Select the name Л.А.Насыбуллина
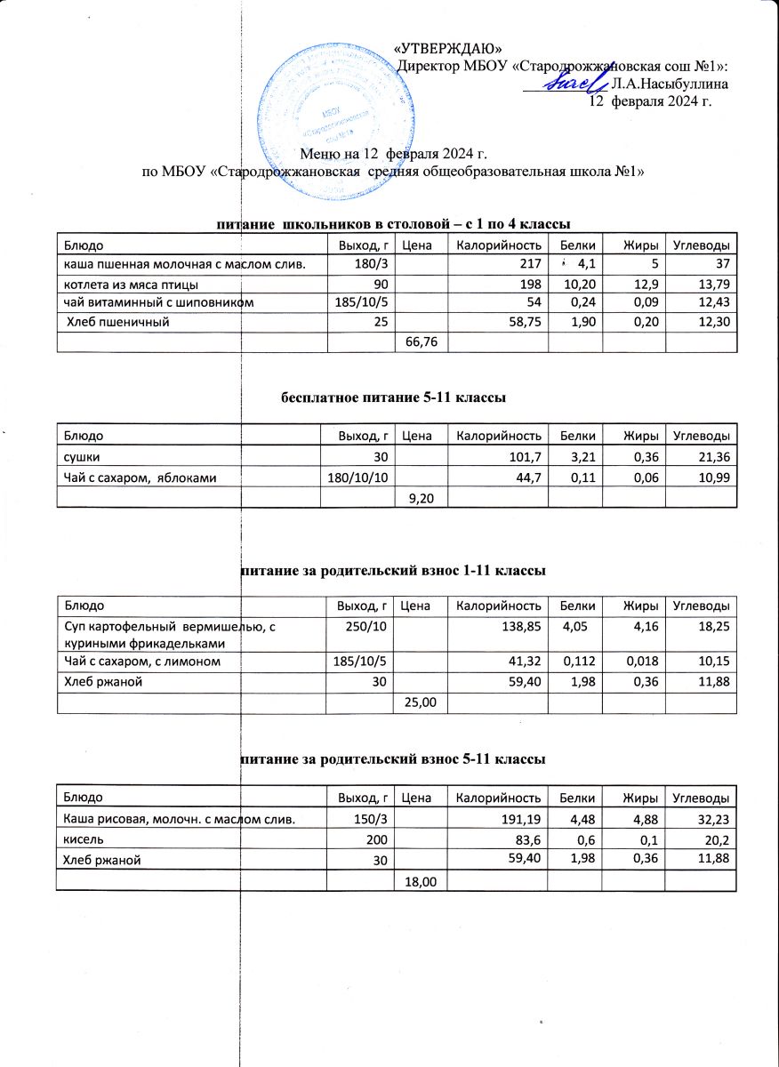coord(671,84)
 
